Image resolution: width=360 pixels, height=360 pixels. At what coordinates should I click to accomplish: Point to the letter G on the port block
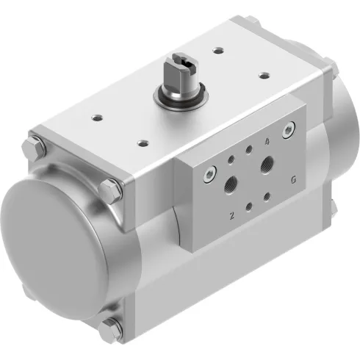pyautogui.click(x=293, y=179)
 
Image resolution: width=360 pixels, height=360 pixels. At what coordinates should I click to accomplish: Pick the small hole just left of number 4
pyautogui.click(x=249, y=150)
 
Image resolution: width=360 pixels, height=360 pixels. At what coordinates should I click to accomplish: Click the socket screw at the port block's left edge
pyautogui.click(x=209, y=173)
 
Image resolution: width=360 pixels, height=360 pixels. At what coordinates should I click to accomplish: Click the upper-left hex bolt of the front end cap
pyautogui.click(x=35, y=145)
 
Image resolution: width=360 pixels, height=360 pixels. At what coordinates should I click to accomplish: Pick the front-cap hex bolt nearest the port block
pyautogui.click(x=110, y=189)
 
